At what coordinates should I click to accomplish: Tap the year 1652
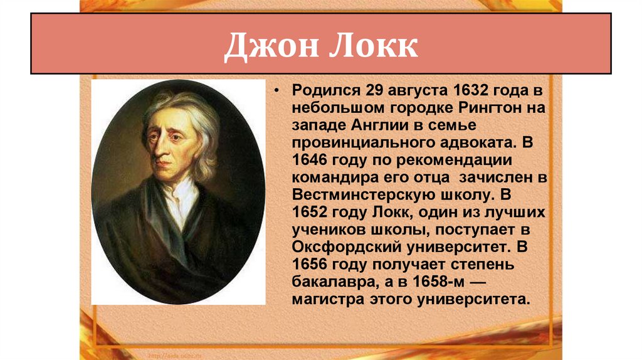tap(310, 210)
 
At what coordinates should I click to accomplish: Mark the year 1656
tap(310, 261)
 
